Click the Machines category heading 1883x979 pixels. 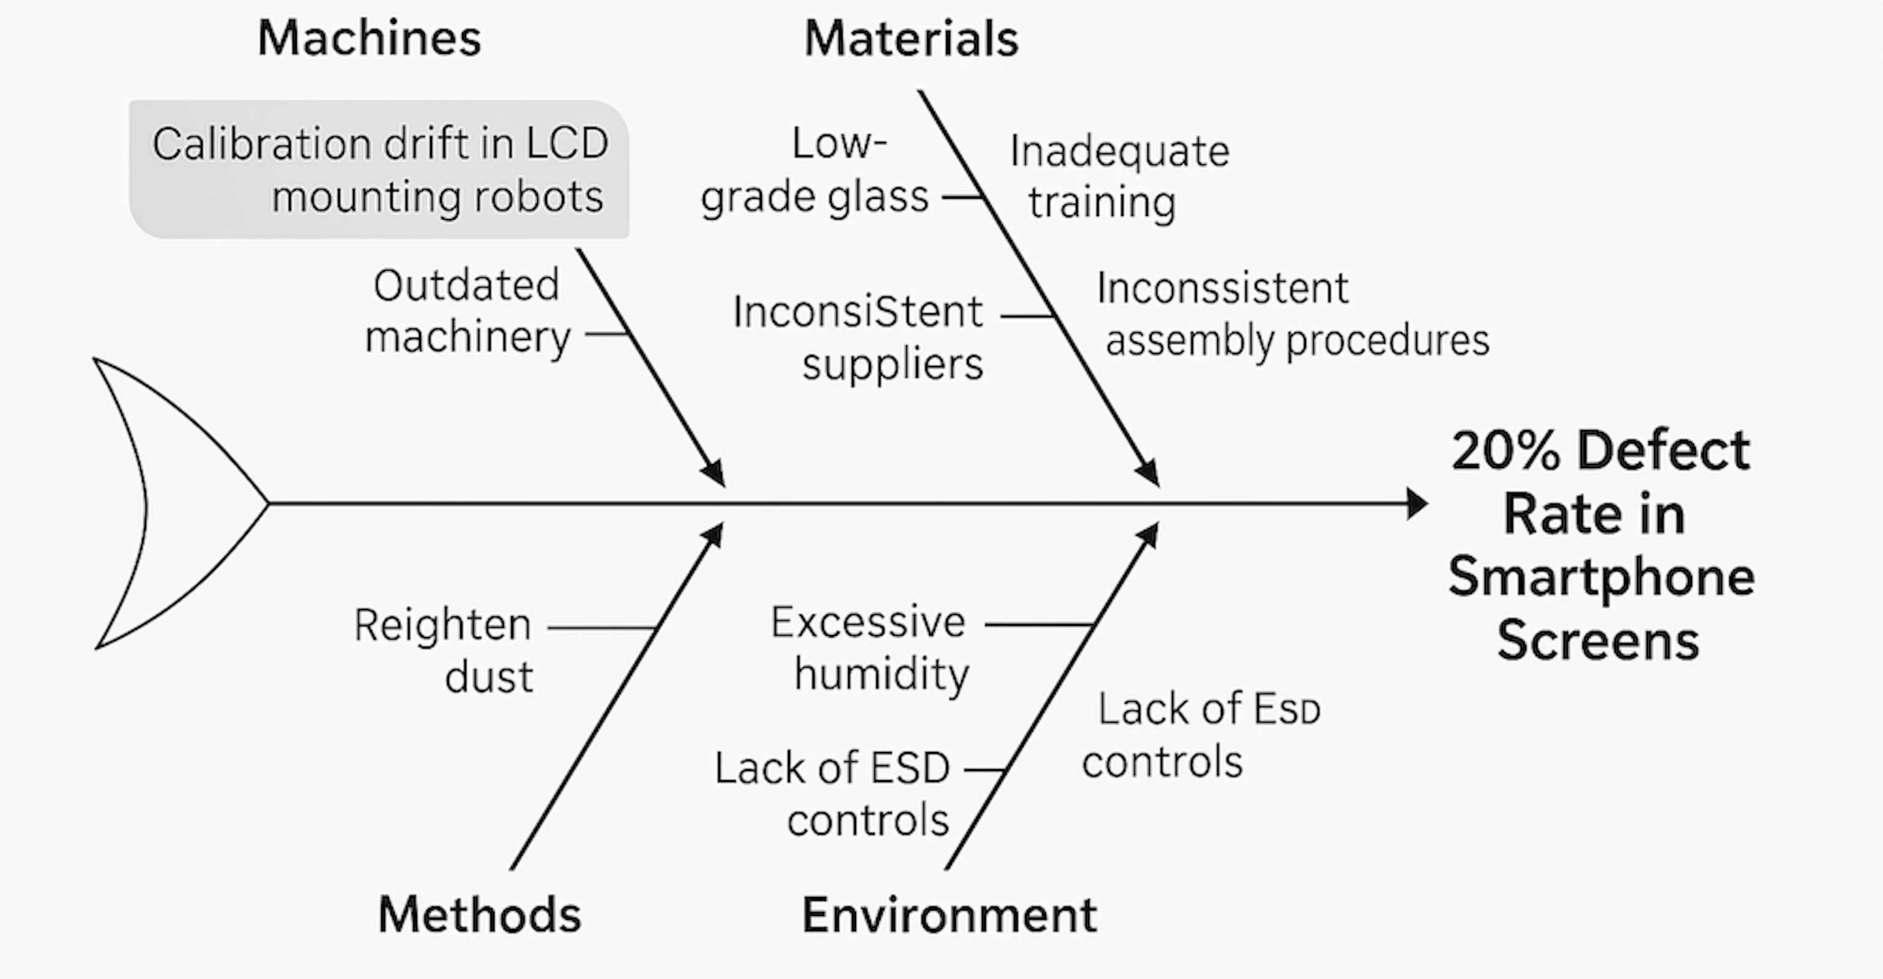click(x=369, y=38)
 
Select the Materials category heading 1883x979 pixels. click(x=911, y=38)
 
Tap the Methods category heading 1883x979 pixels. click(x=480, y=914)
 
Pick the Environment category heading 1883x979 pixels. click(x=950, y=914)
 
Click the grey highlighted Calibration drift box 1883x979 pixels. click(x=379, y=169)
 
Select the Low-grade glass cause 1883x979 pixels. click(x=815, y=169)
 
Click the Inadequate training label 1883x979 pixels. click(x=1119, y=177)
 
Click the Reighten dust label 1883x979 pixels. click(x=444, y=650)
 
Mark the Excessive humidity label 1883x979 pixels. click(x=870, y=648)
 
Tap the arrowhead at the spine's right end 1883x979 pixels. click(x=1416, y=503)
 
